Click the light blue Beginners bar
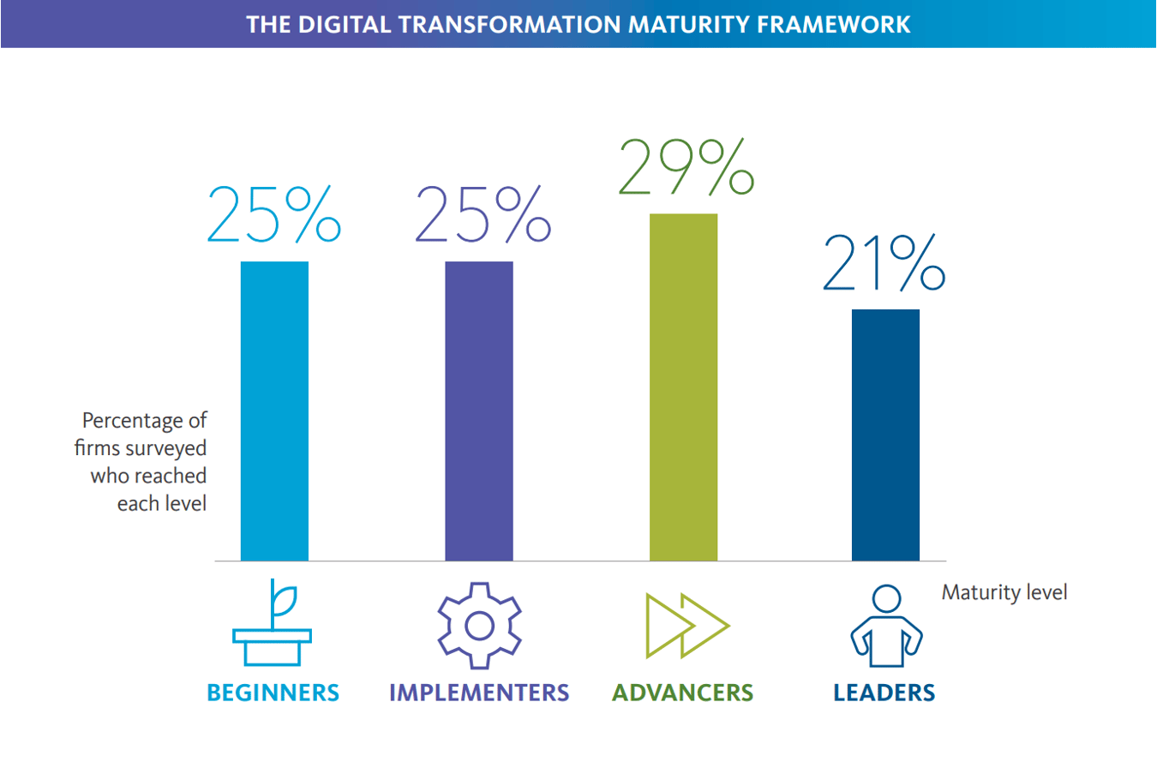pyautogui.click(x=274, y=411)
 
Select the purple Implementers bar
pyautogui.click(x=479, y=411)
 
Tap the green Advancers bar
pyautogui.click(x=683, y=387)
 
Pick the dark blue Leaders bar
pyautogui.click(x=885, y=435)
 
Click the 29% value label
pyautogui.click(x=686, y=167)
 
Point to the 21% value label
pyautogui.click(x=884, y=262)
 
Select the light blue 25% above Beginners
pyautogui.click(x=274, y=214)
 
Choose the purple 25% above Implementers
pyautogui.click(x=483, y=214)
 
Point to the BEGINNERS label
pyautogui.click(x=273, y=693)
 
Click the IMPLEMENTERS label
pyautogui.click(x=479, y=693)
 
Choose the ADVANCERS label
pyautogui.click(x=683, y=693)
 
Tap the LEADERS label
pyautogui.click(x=884, y=693)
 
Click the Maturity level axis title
pyautogui.click(x=1004, y=593)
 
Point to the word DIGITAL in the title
pyautogui.click(x=345, y=25)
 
